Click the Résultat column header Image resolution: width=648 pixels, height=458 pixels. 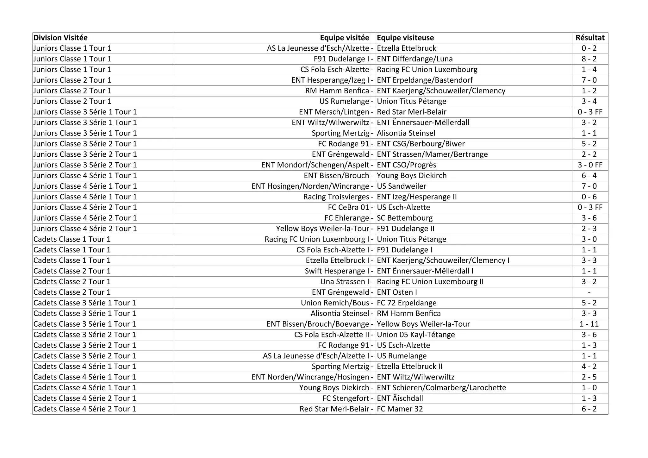tap(590, 38)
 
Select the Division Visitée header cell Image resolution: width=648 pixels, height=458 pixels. tap(60, 38)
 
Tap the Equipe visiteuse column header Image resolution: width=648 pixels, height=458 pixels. tap(405, 38)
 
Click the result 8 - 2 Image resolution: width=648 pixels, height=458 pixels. tap(589, 59)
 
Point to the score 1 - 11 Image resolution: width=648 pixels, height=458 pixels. tap(589, 324)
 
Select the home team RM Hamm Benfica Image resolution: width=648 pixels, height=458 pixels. tap(337, 91)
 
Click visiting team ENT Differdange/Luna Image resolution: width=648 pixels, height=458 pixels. tap(415, 59)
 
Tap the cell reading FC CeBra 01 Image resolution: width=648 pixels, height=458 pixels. tap(348, 207)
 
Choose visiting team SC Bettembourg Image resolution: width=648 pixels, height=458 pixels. tap(405, 218)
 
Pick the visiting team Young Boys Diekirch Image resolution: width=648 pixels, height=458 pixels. tap(412, 176)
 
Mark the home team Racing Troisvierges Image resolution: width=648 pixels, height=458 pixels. tap(336, 197)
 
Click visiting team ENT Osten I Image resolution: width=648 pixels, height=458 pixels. tap(397, 292)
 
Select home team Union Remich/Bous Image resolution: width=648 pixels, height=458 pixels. tap(335, 303)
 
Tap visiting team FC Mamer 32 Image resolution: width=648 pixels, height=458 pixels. tap(400, 409)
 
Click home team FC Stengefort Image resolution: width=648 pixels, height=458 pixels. tap(346, 398)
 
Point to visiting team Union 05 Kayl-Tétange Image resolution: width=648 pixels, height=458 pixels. tap(416, 335)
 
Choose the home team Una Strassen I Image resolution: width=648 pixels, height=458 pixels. tap(345, 282)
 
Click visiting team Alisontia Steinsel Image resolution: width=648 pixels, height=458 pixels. tap(406, 133)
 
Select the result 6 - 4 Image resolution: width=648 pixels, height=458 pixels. tap(589, 176)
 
